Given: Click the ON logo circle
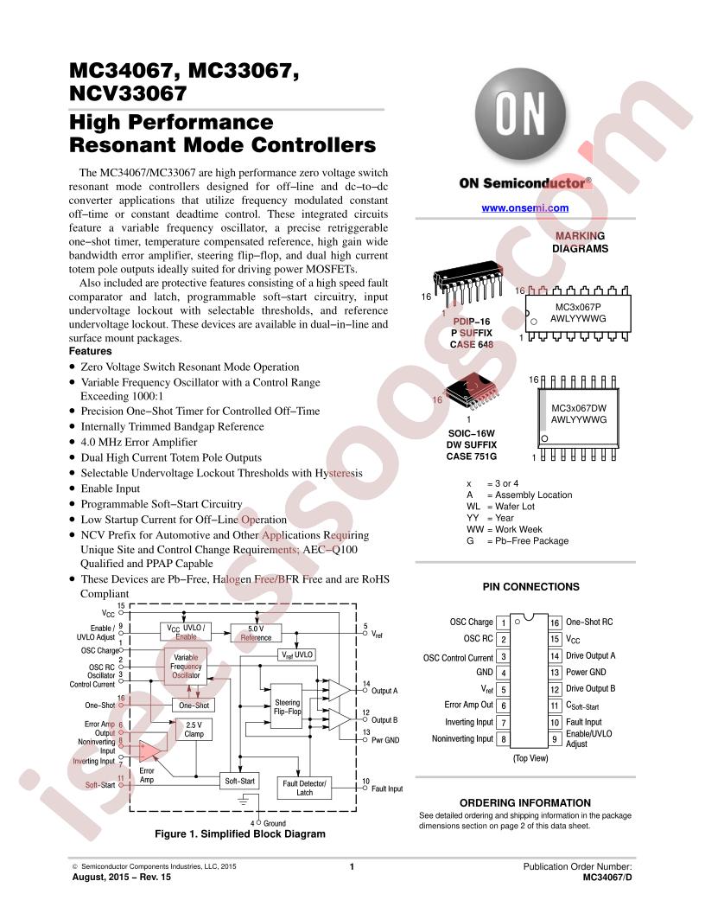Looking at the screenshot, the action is (520, 113).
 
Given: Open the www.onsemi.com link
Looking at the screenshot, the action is (524, 207).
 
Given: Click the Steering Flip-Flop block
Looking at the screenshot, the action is (288, 706).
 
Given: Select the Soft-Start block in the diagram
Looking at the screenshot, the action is (239, 781).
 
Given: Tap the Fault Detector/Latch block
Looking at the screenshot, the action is (304, 788).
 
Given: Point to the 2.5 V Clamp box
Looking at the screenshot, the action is (194, 729).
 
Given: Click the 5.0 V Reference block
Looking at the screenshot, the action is (256, 633).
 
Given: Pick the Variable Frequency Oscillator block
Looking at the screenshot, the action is (186, 666).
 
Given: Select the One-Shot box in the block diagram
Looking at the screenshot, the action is (194, 705).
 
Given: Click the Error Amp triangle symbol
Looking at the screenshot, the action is (149, 751).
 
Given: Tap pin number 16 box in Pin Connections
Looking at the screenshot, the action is (555, 622).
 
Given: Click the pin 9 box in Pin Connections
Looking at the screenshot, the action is (555, 739).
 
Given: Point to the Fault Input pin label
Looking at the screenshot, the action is (583, 722).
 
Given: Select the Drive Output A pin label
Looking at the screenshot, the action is (590, 655).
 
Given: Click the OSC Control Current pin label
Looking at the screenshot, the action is (458, 658).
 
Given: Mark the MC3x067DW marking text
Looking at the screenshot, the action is (579, 408).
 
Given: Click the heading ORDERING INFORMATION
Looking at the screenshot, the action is (525, 802).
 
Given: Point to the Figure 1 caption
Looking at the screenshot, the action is (240, 833).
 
